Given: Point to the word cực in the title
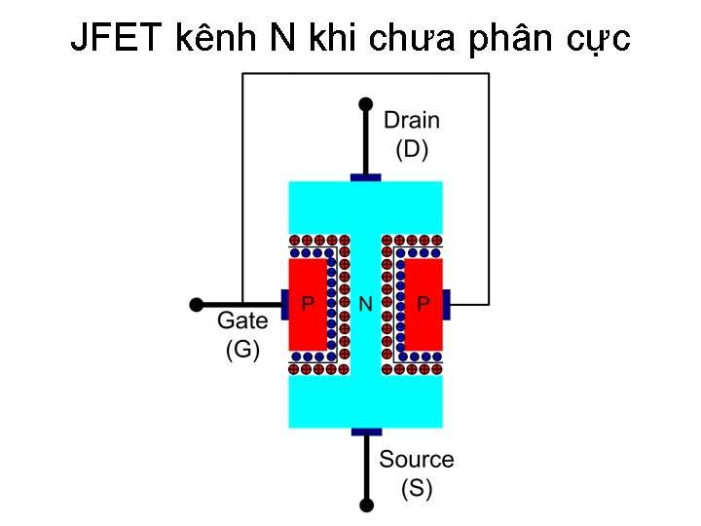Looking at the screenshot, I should point(597,40).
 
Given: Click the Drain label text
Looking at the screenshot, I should point(411,121).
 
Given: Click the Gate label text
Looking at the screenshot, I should point(241,320).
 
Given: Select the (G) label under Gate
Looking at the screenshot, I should point(241,349).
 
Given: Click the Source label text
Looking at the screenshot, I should point(417,459).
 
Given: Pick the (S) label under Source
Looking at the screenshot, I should point(417,488).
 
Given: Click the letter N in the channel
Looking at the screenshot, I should point(366,304).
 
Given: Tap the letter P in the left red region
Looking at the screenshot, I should point(308,304).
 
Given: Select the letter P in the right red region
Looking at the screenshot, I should point(424,304).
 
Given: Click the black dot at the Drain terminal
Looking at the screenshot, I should point(366,103).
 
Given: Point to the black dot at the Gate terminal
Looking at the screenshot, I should point(196,305).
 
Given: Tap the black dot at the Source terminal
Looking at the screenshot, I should point(366,506).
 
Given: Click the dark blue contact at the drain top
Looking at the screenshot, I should point(366,177).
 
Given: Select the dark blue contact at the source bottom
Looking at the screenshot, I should point(366,432).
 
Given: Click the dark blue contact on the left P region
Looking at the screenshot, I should point(284,305).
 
